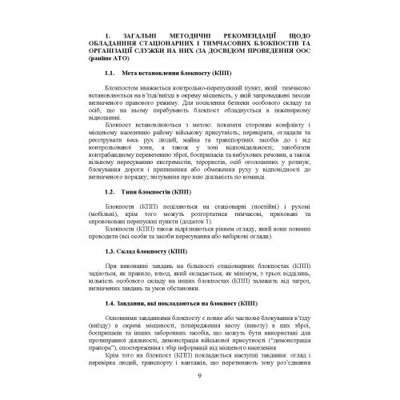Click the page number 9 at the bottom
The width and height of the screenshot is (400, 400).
199,378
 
